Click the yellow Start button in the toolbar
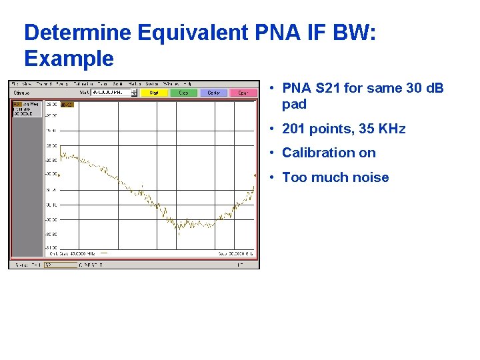[154, 93]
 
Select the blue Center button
[214, 93]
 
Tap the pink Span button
[243, 93]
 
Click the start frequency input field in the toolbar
[111, 93]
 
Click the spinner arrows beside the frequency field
[134, 93]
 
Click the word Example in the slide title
[69, 59]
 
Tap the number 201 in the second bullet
[294, 129]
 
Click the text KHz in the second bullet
[389, 129]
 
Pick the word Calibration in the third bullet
[313, 153]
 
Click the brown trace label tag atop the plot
[67, 105]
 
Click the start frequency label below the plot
[73, 253]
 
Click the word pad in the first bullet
[294, 104]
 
